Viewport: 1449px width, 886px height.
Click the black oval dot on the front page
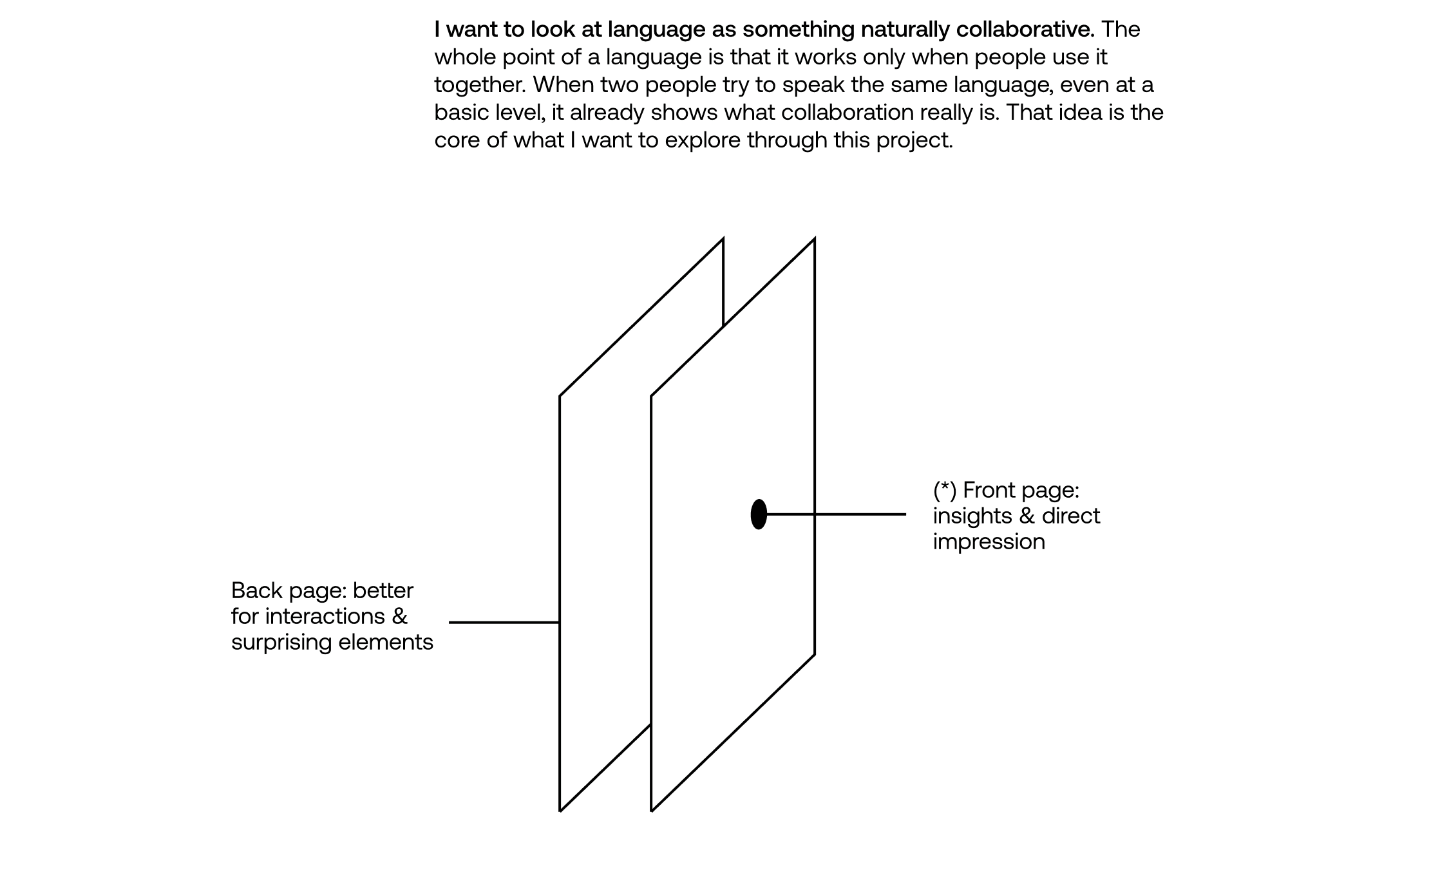pos(759,514)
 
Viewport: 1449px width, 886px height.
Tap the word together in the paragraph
pos(477,85)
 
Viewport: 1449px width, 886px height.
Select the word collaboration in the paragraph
pos(847,113)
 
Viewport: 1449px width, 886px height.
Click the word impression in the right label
pos(989,542)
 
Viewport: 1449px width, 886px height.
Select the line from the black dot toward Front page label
pos(837,514)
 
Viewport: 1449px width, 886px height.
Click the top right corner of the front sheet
pos(815,240)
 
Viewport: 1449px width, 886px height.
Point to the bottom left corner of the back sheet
pos(560,811)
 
